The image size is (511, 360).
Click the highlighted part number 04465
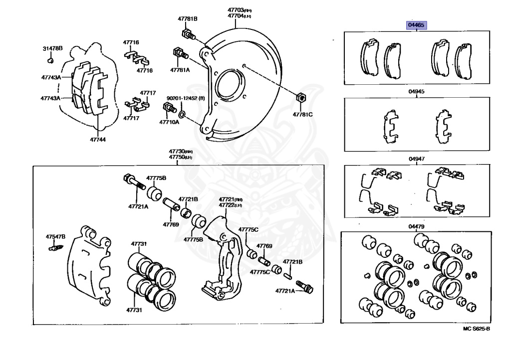[417, 25]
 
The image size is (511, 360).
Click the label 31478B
[52, 48]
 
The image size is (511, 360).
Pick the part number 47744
[98, 139]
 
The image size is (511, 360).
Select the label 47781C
[302, 115]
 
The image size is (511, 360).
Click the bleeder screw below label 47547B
[55, 246]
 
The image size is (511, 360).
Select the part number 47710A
[169, 122]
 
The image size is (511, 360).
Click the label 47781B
[188, 18]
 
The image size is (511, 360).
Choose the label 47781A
[180, 70]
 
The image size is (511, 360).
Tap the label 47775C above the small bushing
[248, 229]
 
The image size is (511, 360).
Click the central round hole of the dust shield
[230, 82]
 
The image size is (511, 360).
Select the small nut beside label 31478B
[51, 60]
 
